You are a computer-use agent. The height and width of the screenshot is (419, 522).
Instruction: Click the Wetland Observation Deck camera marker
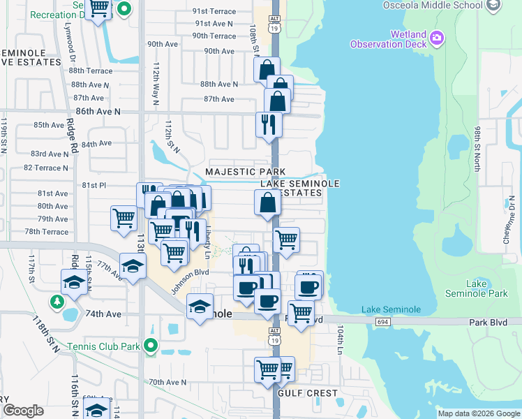[438, 38]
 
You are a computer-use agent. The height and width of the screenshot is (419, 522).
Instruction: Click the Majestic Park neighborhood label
[245, 172]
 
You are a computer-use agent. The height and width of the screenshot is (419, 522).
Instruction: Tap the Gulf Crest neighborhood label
[308, 393]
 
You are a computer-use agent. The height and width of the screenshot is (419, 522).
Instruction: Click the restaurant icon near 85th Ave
[269, 124]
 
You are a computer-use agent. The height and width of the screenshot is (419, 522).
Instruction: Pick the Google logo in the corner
[23, 411]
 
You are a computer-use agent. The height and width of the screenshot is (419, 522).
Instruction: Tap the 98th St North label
[477, 149]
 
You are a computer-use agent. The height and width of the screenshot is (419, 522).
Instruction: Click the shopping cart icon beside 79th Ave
[124, 217]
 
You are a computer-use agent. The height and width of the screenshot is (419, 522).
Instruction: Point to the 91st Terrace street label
[214, 11]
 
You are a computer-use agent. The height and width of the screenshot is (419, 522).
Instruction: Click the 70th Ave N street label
[167, 382]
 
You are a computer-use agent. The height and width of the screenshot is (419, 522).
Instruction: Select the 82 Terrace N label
[46, 168]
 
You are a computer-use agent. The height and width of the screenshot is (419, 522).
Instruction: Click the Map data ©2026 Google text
[479, 413]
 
